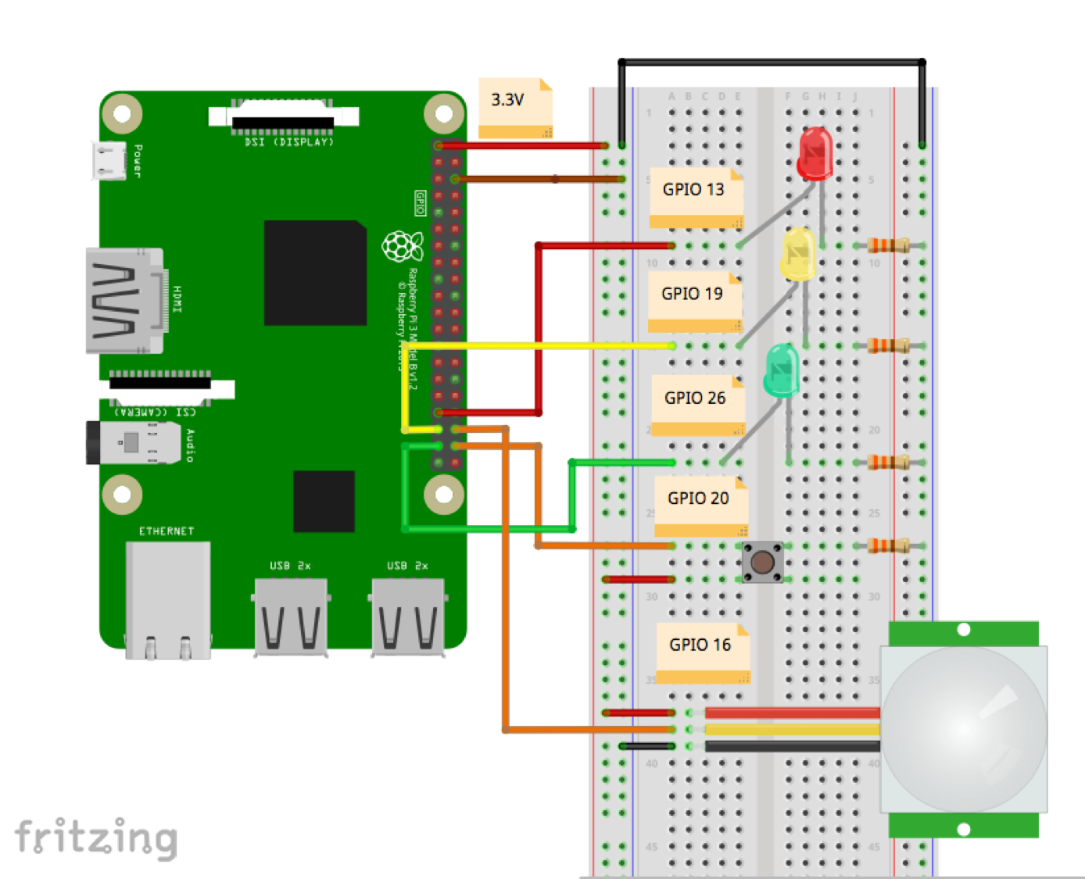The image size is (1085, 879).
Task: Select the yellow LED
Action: pos(799,254)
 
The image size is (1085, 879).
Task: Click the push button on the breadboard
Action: pos(763,562)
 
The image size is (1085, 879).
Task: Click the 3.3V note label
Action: pos(515,107)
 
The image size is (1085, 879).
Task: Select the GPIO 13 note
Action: pos(695,197)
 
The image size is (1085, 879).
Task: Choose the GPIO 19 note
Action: pos(694,301)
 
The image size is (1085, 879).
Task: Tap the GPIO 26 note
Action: pos(697,405)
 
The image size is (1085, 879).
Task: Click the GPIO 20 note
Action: pos(700,505)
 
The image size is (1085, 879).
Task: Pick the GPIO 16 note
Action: pos(702,652)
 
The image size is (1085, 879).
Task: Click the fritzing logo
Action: pos(96,838)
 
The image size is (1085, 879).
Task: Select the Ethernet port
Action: pos(167,599)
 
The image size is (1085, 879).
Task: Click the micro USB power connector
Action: pos(109,161)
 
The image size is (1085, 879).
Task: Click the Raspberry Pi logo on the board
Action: pos(402,247)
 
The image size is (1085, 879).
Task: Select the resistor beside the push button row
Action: pos(888,545)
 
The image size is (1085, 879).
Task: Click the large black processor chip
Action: pos(315,273)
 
